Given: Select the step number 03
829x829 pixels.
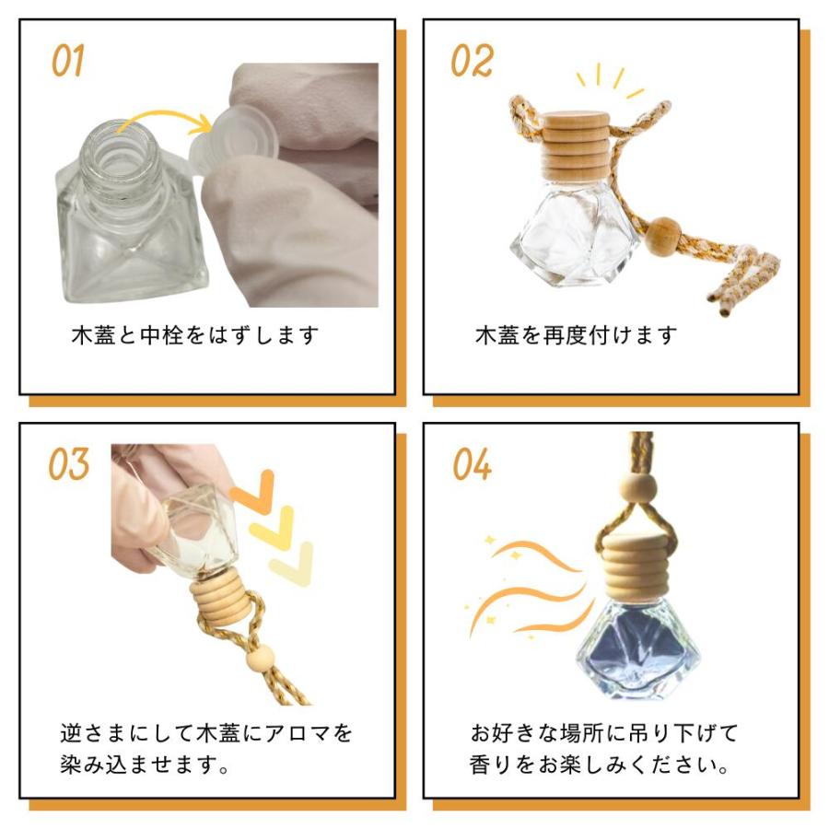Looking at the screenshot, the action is point(69,464).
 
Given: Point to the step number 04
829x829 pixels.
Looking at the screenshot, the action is point(473,464).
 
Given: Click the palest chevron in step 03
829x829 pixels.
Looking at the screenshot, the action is point(292,564).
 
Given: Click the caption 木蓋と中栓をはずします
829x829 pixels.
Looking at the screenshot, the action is point(195,335).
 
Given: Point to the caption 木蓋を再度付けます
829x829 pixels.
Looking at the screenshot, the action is point(577,335).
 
